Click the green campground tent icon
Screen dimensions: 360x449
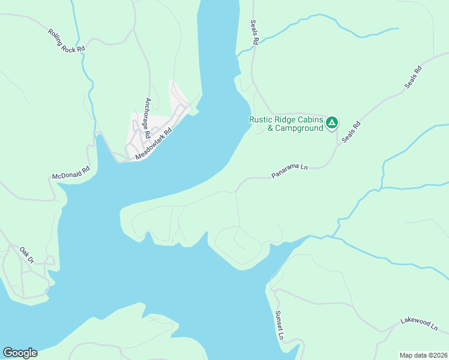click(332, 123)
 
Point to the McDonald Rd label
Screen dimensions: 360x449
click(71, 173)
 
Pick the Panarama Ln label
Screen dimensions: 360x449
click(289, 172)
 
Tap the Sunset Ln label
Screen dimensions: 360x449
click(279, 325)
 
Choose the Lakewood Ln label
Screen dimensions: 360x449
click(420, 325)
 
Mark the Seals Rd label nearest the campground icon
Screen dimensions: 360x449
click(350, 131)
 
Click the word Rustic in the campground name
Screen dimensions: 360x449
click(262, 119)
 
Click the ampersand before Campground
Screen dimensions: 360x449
click(271, 128)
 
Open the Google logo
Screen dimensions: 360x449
click(20, 353)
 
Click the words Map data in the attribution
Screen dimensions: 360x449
click(412, 355)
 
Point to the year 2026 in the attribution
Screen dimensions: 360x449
click(439, 355)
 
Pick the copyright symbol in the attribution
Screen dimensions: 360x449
click(428, 355)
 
